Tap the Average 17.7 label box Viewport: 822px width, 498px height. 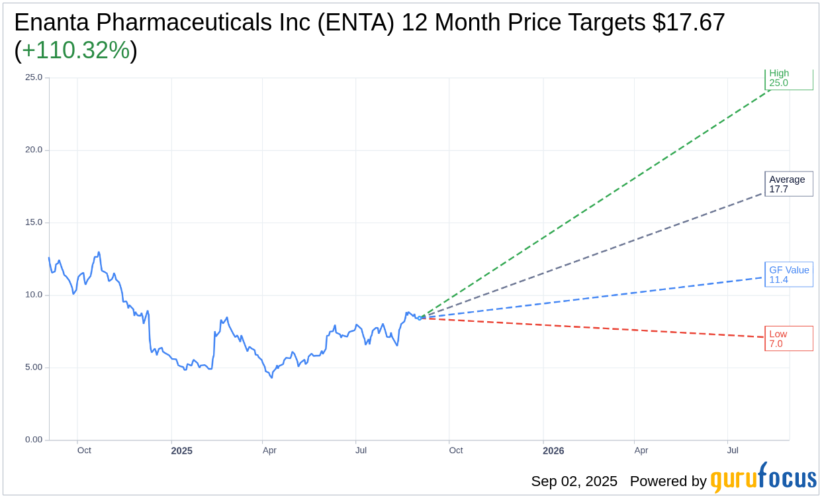pos(788,184)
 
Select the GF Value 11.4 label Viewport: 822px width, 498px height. pos(788,275)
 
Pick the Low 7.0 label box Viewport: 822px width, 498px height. pos(788,338)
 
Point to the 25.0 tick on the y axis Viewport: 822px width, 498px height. pos(34,77)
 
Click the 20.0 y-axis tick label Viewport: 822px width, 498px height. pos(34,150)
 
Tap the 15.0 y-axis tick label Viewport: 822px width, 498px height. pos(34,223)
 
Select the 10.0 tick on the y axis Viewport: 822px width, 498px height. pos(34,295)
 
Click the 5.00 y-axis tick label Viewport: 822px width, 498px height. pos(34,368)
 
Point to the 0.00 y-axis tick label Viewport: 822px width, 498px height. pos(34,440)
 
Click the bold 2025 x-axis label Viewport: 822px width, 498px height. pos(181,451)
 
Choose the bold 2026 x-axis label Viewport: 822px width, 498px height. pos(553,451)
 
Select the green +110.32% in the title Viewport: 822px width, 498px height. pos(75,50)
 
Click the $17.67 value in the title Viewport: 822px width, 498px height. pos(688,23)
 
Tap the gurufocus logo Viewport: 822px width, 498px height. pos(763,478)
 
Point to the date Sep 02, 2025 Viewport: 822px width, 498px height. pos(574,481)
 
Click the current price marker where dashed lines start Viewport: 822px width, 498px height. pos(420,318)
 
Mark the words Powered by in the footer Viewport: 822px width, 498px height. pos(668,481)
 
